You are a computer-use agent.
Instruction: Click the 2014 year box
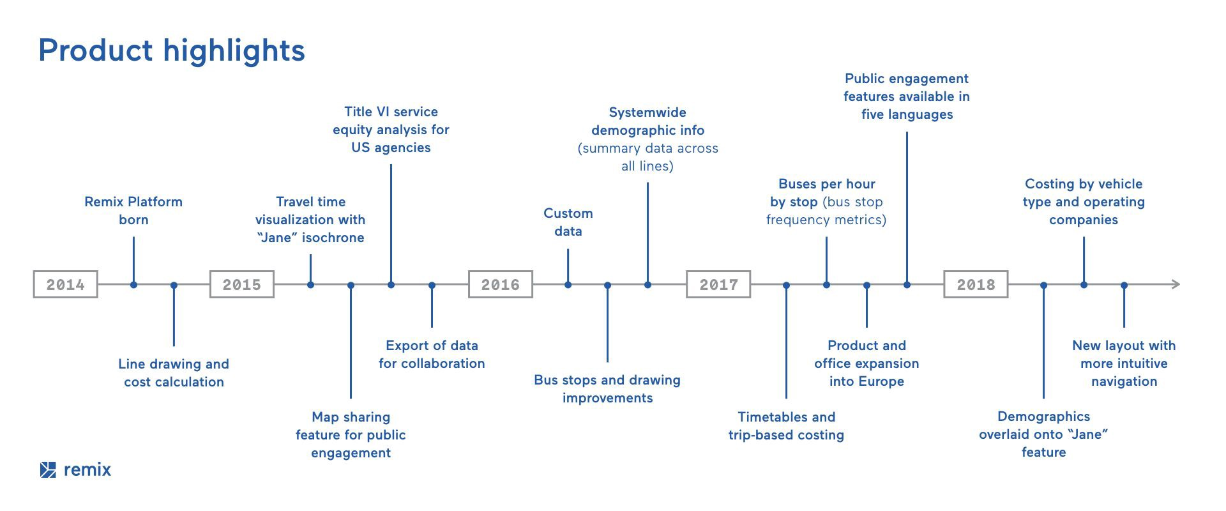pyautogui.click(x=65, y=284)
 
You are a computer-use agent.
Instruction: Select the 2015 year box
pyautogui.click(x=241, y=284)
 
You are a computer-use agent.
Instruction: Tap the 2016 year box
pyautogui.click(x=500, y=284)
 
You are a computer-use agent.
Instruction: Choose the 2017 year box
pyautogui.click(x=718, y=284)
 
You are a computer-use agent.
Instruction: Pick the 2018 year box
pyautogui.click(x=976, y=284)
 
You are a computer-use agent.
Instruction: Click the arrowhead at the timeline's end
pyautogui.click(x=1175, y=284)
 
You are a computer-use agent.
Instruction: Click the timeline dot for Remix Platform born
pyautogui.click(x=133, y=285)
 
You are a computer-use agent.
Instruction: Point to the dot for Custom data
pyautogui.click(x=568, y=285)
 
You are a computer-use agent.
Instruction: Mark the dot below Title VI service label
pyautogui.click(x=391, y=285)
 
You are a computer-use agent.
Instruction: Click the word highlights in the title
pyautogui.click(x=234, y=50)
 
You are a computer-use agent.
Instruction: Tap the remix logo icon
pyautogui.click(x=48, y=469)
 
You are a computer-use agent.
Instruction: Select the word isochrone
pyautogui.click(x=333, y=238)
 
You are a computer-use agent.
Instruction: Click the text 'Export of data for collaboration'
pyautogui.click(x=432, y=355)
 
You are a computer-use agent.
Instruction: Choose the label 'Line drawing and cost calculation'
pyautogui.click(x=174, y=373)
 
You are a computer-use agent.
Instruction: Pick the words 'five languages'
pyautogui.click(x=907, y=114)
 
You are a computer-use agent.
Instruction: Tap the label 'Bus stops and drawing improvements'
pyautogui.click(x=607, y=389)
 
